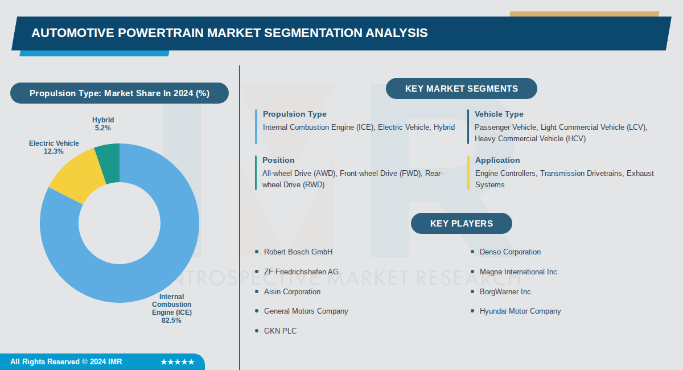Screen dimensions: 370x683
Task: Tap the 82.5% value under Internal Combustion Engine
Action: (x=171, y=320)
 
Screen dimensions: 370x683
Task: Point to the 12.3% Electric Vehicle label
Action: (x=54, y=151)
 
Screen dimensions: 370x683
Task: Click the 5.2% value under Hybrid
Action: (x=103, y=128)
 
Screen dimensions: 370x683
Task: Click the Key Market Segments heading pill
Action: (x=461, y=89)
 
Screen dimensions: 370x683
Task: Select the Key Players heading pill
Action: (x=461, y=223)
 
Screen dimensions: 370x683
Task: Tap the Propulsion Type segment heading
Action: (x=294, y=114)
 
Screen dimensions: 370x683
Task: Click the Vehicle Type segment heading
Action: (x=499, y=114)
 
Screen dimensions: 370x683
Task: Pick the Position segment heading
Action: (x=278, y=160)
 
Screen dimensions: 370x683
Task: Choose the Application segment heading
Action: (x=497, y=160)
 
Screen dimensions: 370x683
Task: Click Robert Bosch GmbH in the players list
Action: (x=298, y=252)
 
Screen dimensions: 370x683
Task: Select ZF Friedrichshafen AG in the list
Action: (x=301, y=272)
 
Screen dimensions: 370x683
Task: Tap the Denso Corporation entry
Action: (x=510, y=252)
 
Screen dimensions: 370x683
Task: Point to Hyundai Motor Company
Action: (x=520, y=311)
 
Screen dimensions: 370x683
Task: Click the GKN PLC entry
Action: (x=280, y=331)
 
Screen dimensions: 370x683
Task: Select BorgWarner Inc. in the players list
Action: (x=506, y=291)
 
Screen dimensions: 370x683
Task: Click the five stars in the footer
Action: (x=178, y=362)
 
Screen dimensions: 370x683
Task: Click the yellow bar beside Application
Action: (x=468, y=172)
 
